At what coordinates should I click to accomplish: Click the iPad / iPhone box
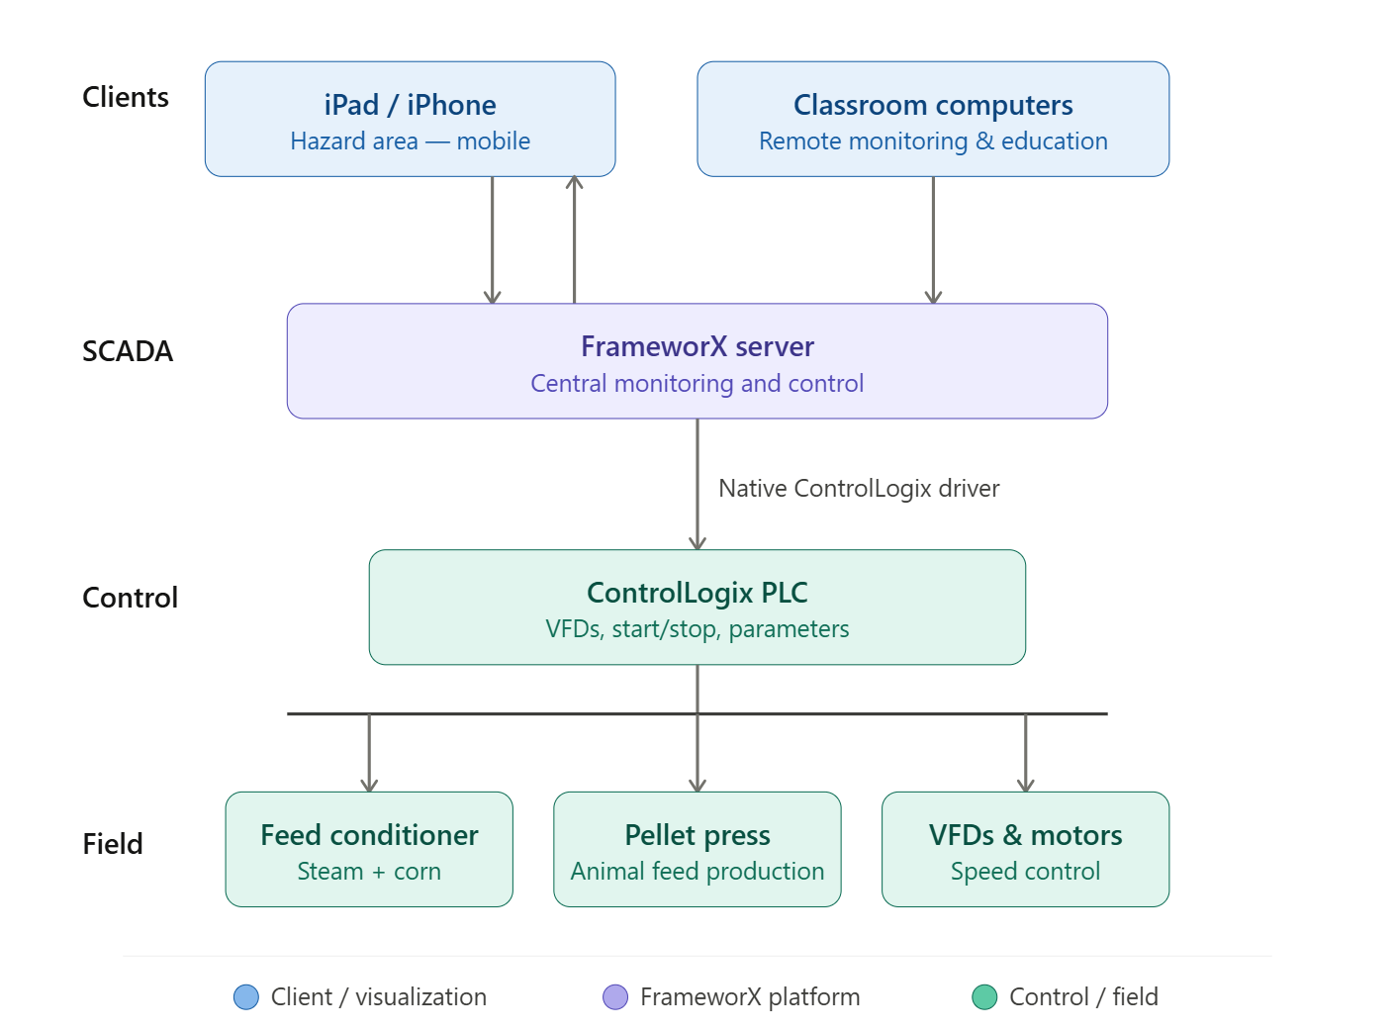[x=410, y=119]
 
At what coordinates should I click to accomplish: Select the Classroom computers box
[x=933, y=119]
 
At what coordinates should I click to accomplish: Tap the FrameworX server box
[x=697, y=361]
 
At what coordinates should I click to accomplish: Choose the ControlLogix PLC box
[x=697, y=607]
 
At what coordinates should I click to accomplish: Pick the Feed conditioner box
[x=369, y=849]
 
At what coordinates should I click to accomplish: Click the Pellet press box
[x=697, y=849]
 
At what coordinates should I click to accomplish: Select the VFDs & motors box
[x=1025, y=849]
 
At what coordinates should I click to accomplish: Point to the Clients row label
[x=126, y=97]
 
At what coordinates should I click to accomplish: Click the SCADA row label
[x=128, y=351]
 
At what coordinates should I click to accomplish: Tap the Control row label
[x=131, y=598]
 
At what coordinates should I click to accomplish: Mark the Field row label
[x=113, y=844]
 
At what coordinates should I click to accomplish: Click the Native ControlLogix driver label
[x=859, y=488]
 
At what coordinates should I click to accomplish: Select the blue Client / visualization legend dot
[x=245, y=996]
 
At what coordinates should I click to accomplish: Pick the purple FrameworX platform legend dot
[x=615, y=996]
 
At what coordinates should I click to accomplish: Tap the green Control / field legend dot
[x=984, y=996]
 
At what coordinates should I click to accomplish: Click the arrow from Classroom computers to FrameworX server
[x=933, y=239]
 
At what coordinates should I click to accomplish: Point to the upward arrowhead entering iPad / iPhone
[x=574, y=182]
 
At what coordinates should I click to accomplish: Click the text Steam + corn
[x=369, y=872]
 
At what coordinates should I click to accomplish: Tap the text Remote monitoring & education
[x=933, y=141]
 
